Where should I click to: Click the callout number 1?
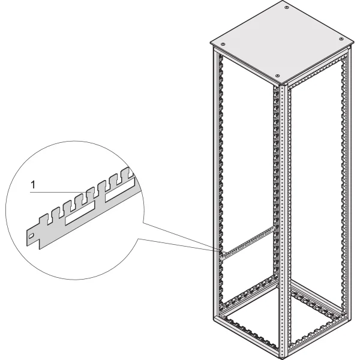(34, 186)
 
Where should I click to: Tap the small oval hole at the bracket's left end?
(32, 236)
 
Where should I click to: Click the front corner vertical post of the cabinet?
(281, 216)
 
